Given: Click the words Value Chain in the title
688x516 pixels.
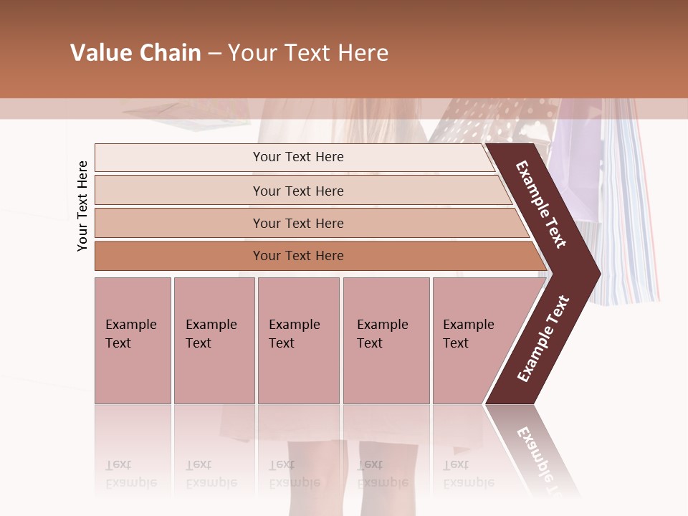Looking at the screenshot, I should coord(135,53).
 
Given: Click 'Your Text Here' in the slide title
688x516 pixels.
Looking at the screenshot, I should coord(308,53).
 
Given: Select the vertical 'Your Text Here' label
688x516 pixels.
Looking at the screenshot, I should coord(82,206).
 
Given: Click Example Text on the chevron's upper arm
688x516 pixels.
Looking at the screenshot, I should coord(541,204).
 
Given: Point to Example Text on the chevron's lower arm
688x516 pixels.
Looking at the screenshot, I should coord(543,338).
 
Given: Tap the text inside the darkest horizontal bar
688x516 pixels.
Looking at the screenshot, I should coord(298,256).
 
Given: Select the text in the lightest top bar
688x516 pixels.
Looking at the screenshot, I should coord(298,157).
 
